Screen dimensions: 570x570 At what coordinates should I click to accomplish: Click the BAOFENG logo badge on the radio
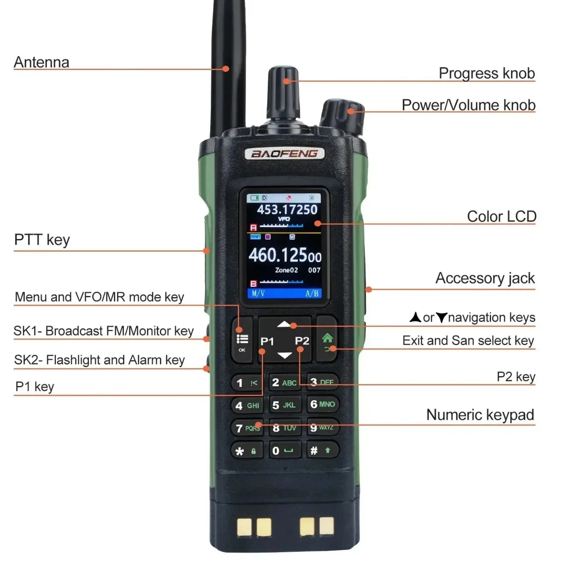pyautogui.click(x=284, y=153)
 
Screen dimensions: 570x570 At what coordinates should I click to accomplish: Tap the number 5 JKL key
pyautogui.click(x=284, y=405)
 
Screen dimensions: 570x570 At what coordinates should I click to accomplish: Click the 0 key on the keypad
pyautogui.click(x=284, y=450)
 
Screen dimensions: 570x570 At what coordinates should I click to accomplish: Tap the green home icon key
pyautogui.click(x=327, y=340)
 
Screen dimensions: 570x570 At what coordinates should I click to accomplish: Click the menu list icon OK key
pyautogui.click(x=242, y=340)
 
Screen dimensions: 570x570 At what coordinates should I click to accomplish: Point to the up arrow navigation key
pyautogui.click(x=284, y=325)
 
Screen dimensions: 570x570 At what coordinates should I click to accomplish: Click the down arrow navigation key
pyautogui.click(x=284, y=355)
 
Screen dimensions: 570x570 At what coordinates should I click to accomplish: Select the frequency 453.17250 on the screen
pyautogui.click(x=287, y=209)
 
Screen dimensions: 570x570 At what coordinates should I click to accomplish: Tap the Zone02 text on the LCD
pyautogui.click(x=286, y=270)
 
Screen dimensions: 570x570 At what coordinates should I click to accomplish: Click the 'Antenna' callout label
pyautogui.click(x=41, y=62)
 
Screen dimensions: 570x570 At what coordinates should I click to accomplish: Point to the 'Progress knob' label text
pyautogui.click(x=486, y=73)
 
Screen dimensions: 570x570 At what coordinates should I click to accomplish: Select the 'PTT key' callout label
pyautogui.click(x=42, y=240)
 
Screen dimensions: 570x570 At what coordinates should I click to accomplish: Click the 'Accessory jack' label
pyautogui.click(x=485, y=278)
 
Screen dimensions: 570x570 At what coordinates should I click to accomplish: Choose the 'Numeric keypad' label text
pyautogui.click(x=480, y=415)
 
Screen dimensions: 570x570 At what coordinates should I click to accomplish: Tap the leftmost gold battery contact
pyautogui.click(x=244, y=527)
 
